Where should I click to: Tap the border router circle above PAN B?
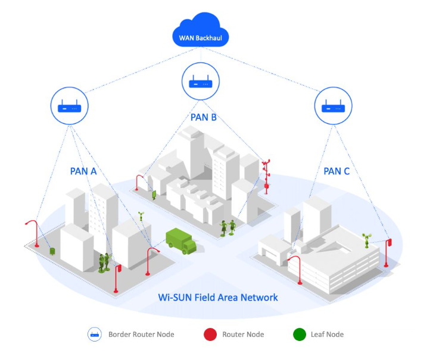[201, 82]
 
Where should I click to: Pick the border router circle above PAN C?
[332, 107]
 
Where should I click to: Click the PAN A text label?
[83, 171]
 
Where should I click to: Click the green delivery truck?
[180, 240]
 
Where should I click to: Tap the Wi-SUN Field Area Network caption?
[218, 297]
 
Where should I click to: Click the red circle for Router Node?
[209, 334]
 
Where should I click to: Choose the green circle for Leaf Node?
[300, 334]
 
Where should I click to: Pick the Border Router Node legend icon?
[94, 334]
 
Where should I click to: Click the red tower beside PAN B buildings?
[267, 176]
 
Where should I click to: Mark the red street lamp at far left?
[33, 231]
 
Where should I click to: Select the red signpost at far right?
[389, 250]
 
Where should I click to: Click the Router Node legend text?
[243, 334]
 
